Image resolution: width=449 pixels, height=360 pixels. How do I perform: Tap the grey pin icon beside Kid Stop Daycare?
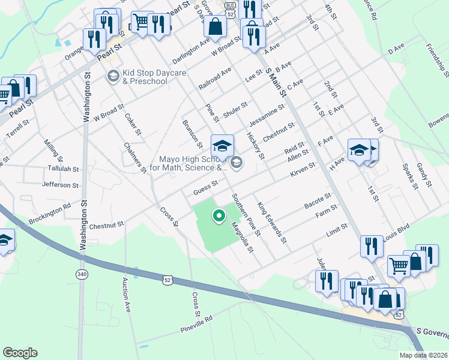[x=112, y=76]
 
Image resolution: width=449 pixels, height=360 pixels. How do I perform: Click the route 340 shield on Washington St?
[x=82, y=274]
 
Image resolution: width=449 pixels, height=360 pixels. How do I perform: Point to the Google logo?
[x=20, y=352]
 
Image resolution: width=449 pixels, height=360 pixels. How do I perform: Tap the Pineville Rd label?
[x=196, y=325]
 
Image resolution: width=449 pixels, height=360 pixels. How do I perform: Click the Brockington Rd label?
[x=50, y=212]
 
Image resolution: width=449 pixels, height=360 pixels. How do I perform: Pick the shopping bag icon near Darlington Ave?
[x=215, y=26]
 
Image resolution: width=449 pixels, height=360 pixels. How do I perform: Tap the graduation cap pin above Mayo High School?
[x=222, y=146]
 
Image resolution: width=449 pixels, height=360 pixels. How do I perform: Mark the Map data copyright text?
[x=424, y=355]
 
